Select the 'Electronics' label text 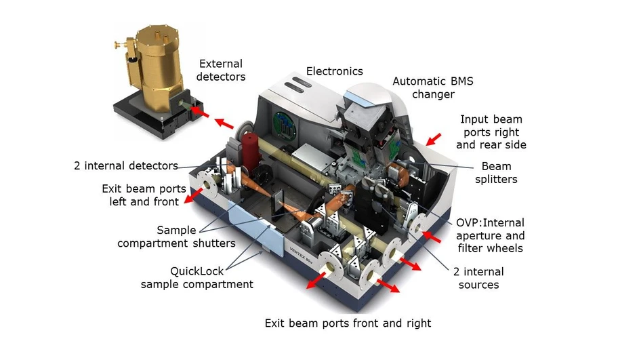coord(334,71)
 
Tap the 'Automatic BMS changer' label coord(433,87)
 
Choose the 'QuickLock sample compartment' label coord(197,277)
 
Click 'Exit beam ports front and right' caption coord(348,323)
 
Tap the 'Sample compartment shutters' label coord(177,237)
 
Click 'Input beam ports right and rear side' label coord(491,132)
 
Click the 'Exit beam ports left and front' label coord(140,195)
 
